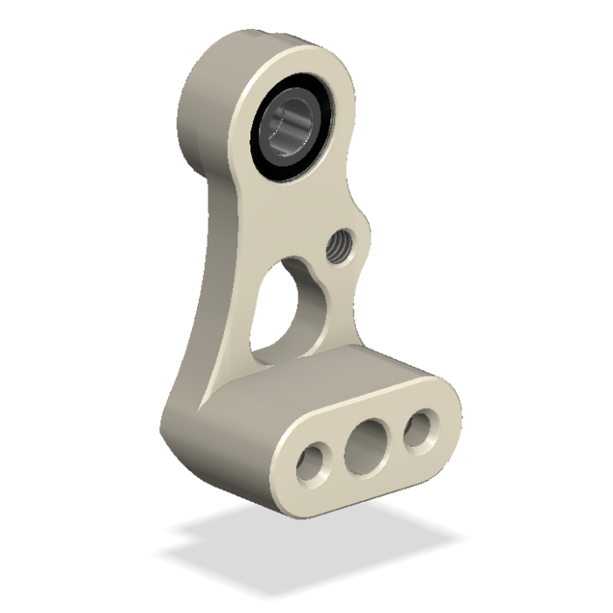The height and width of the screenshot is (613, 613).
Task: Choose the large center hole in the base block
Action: (x=366, y=444)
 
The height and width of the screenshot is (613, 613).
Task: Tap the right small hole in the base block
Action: (x=418, y=428)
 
